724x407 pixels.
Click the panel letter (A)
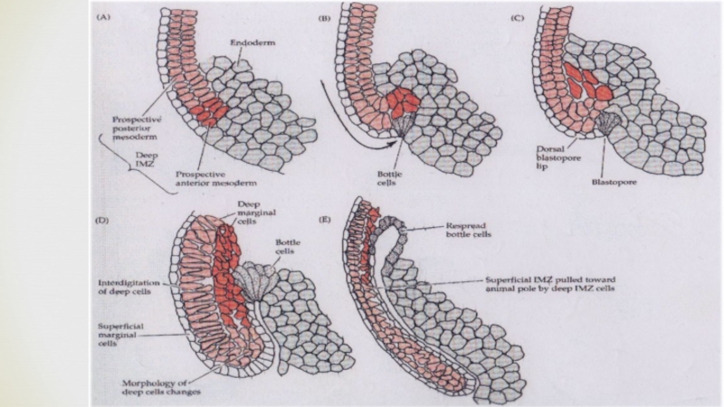pyautogui.click(x=103, y=17)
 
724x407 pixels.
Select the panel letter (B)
pyautogui.click(x=325, y=18)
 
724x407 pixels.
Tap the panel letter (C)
pyautogui.click(x=518, y=18)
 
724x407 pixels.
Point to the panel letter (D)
pyautogui.click(x=102, y=220)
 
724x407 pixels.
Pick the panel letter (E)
pyautogui.click(x=325, y=219)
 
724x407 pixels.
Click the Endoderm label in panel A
pyautogui.click(x=252, y=43)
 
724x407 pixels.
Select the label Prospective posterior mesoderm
pyautogui.click(x=138, y=128)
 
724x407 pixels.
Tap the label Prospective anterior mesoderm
pyautogui.click(x=215, y=178)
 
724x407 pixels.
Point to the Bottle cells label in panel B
pyautogui.click(x=390, y=178)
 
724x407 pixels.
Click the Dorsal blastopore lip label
pyautogui.click(x=558, y=157)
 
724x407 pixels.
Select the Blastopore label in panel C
pyautogui.click(x=614, y=183)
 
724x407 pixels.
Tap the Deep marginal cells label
pyautogui.click(x=256, y=213)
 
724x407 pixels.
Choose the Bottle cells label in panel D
pyautogui.click(x=288, y=247)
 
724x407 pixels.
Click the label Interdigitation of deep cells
pyautogui.click(x=129, y=287)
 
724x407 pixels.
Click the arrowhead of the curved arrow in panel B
pyautogui.click(x=392, y=143)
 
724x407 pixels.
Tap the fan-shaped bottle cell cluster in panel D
pyautogui.click(x=255, y=281)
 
